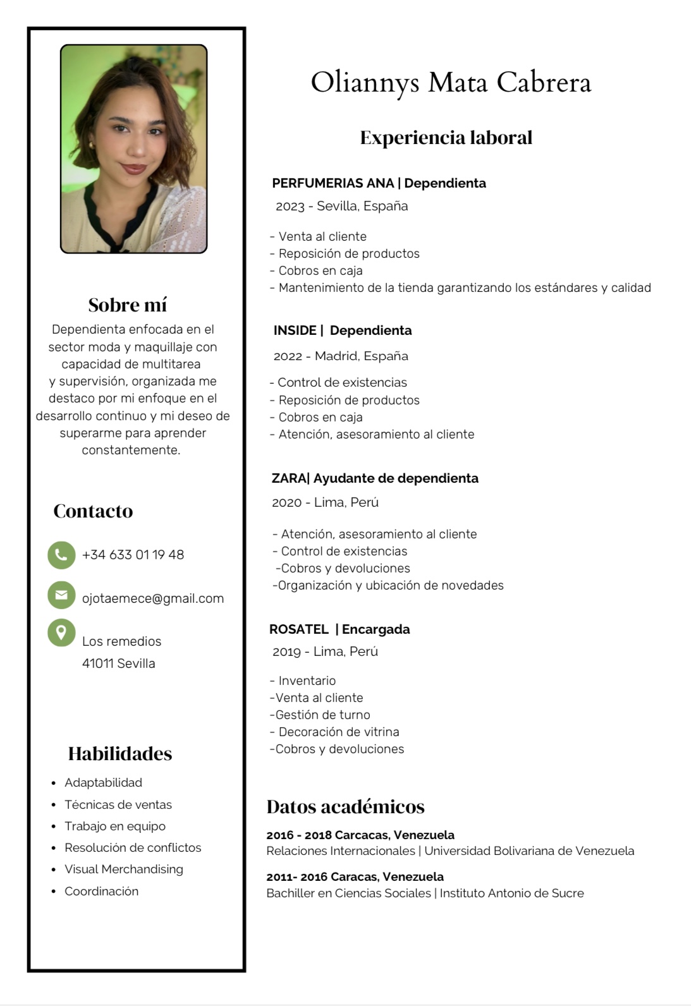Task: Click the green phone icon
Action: click(x=61, y=555)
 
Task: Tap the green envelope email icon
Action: click(x=61, y=595)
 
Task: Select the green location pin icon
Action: click(x=61, y=633)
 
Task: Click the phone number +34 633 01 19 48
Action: click(x=133, y=555)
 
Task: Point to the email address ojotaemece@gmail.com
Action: click(x=153, y=598)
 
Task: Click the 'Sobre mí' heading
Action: click(x=128, y=305)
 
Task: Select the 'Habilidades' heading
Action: click(x=120, y=754)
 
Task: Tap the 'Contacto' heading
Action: click(x=93, y=511)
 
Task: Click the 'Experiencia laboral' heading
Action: click(x=446, y=138)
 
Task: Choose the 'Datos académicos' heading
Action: click(x=345, y=807)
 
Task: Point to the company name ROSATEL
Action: click(x=299, y=629)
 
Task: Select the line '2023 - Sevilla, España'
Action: click(x=341, y=206)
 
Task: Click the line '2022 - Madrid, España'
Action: click(x=341, y=356)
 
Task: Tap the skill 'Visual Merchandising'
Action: click(x=124, y=870)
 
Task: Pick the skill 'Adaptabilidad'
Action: click(x=103, y=783)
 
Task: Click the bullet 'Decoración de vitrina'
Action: click(x=339, y=732)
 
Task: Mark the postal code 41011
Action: click(x=98, y=664)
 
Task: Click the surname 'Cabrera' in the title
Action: click(x=544, y=83)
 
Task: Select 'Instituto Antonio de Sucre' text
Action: click(x=511, y=894)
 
